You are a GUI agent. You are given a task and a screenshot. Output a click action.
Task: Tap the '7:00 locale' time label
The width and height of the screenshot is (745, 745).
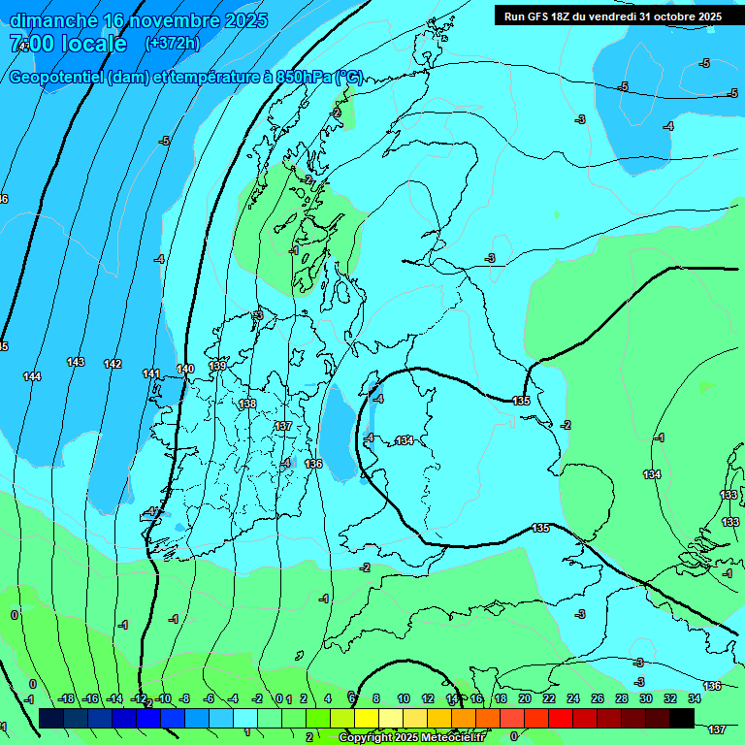coord(68,44)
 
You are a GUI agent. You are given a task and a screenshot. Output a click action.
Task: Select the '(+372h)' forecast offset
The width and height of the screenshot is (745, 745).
coord(172,44)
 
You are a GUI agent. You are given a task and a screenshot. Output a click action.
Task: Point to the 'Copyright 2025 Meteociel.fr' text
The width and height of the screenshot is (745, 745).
coord(411,737)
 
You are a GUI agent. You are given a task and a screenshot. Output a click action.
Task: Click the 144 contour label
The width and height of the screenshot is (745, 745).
coord(32,376)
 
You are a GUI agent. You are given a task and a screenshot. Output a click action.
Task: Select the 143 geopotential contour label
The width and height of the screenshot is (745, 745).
coord(76,362)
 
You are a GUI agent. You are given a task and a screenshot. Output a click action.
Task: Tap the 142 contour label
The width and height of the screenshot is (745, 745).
coord(113,364)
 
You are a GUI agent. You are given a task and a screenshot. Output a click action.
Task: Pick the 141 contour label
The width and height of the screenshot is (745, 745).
coord(151,373)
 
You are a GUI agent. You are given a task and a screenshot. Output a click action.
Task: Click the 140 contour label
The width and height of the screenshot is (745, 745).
coord(186,369)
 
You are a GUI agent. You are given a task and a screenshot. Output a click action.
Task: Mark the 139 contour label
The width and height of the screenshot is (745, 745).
coord(218,366)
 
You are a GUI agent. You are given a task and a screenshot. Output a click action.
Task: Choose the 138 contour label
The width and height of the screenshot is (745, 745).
coord(248,404)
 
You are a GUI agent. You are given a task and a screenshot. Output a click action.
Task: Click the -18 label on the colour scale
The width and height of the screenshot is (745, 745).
coord(67,698)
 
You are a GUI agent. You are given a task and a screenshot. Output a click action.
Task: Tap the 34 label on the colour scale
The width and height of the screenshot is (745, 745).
coord(695,698)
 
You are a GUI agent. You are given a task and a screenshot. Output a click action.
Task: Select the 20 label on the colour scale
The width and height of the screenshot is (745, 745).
coord(525,698)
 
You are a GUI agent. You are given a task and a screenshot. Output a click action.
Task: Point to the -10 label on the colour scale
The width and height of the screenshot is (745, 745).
coord(164,698)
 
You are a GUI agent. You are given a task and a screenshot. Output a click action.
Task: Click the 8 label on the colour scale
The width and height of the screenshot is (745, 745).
coord(376,698)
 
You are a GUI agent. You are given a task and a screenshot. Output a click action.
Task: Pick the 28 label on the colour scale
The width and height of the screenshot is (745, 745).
coord(622,698)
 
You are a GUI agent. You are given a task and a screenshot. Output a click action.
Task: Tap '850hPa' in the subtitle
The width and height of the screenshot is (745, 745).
coord(304,78)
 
